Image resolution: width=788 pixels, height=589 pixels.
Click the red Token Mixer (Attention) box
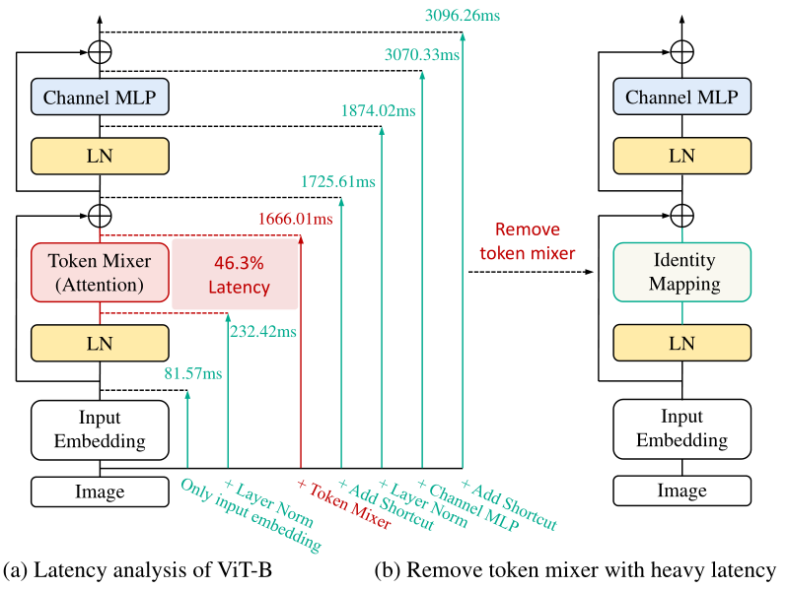(101, 273)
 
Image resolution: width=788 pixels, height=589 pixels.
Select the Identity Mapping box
(682, 273)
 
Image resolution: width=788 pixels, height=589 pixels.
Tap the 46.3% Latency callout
(235, 275)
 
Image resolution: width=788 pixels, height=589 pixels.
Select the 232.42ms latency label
(263, 332)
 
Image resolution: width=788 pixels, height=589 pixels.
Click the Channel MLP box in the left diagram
(101, 98)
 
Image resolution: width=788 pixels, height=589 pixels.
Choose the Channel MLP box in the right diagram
(682, 98)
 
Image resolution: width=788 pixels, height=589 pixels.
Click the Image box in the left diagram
(100, 491)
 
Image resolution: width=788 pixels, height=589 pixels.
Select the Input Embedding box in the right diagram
(682, 429)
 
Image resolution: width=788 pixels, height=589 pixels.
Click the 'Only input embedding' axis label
(251, 513)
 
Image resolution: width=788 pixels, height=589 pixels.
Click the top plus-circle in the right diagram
(682, 51)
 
